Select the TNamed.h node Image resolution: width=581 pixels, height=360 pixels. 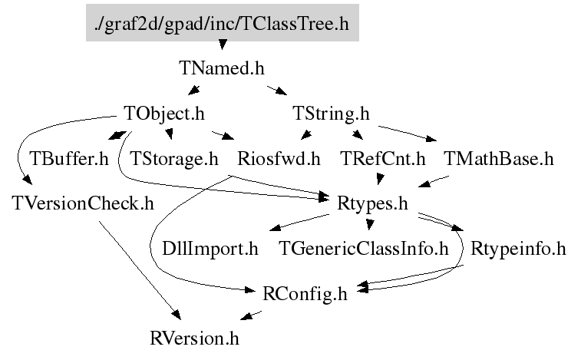point(222,68)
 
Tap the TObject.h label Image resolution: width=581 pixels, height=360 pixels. point(164,114)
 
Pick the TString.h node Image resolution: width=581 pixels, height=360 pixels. point(332,114)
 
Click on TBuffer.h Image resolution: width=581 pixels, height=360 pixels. point(69,159)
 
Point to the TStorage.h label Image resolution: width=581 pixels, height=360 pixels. point(174,159)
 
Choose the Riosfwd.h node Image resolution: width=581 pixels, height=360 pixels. point(279,159)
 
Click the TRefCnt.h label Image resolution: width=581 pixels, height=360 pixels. point(382,159)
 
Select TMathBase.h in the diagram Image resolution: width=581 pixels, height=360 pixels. point(498,159)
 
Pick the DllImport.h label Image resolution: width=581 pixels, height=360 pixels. point(210,249)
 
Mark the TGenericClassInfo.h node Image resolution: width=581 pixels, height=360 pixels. point(363,249)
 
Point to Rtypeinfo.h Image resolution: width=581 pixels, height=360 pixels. point(519,249)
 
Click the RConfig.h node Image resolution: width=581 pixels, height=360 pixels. point(305,293)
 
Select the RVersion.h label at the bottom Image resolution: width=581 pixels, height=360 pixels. point(195,339)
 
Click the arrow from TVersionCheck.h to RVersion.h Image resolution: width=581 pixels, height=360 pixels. point(138,269)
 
